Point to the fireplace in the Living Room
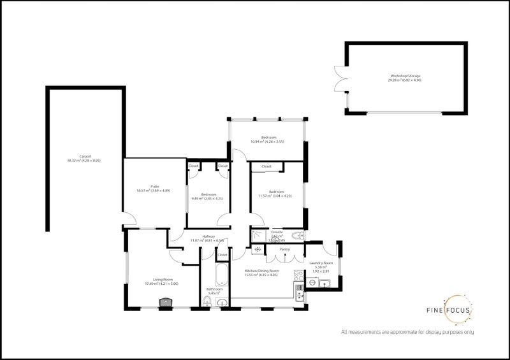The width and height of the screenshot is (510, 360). pyautogui.click(x=161, y=303)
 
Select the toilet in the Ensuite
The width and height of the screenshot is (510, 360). pyautogui.click(x=300, y=236)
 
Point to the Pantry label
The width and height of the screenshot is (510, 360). pyautogui.click(x=285, y=249)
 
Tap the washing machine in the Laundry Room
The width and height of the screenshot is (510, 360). pyautogui.click(x=313, y=281)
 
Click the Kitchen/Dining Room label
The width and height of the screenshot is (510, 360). pyautogui.click(x=262, y=273)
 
